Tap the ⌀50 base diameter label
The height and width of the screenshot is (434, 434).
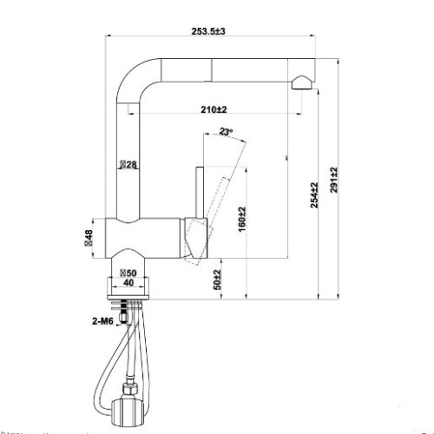tap(127, 272)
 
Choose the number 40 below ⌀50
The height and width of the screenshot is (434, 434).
tap(128, 282)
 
